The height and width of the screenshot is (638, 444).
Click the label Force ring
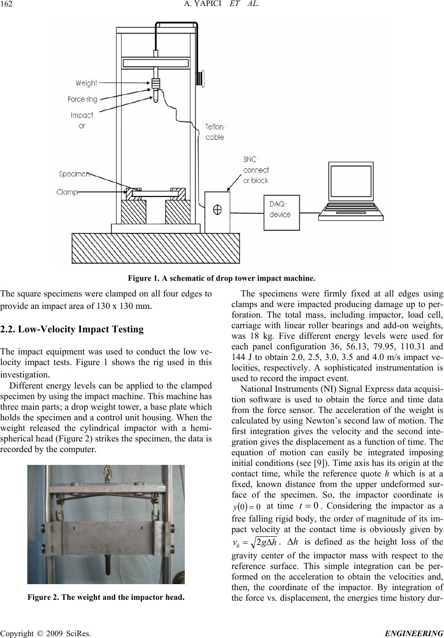tap(82, 99)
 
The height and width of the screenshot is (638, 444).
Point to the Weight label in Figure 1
tap(86, 83)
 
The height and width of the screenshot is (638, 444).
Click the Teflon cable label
tap(215, 132)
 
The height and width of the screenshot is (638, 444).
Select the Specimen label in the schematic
tap(74, 174)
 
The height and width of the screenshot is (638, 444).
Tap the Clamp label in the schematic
tap(67, 192)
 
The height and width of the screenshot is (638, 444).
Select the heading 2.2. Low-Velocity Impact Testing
tap(72, 330)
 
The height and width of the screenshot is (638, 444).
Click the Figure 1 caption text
tap(222, 278)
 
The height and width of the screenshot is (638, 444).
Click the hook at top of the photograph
tap(109, 473)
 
